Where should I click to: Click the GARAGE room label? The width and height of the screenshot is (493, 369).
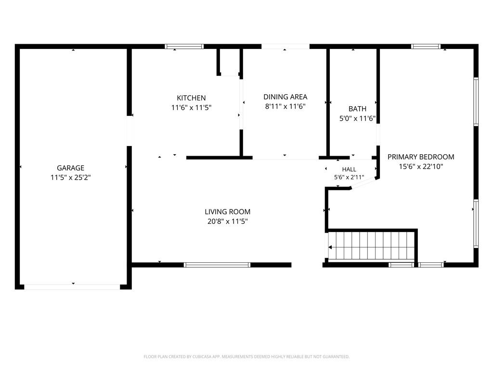tap(70, 168)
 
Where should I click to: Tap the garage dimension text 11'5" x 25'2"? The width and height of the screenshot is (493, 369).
tap(71, 178)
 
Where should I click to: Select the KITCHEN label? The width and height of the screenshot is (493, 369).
tap(191, 98)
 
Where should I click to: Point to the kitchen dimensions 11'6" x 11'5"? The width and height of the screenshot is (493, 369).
tap(191, 108)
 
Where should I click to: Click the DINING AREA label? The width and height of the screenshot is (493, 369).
tap(285, 97)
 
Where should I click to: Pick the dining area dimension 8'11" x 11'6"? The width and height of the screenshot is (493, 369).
tap(285, 106)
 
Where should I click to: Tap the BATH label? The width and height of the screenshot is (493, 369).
tap(358, 109)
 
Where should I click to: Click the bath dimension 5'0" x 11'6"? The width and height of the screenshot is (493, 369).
tap(358, 119)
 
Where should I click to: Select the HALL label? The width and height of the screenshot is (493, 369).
tap(349, 170)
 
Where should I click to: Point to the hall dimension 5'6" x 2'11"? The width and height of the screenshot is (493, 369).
tap(349, 177)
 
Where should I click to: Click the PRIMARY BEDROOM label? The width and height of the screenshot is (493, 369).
tap(421, 157)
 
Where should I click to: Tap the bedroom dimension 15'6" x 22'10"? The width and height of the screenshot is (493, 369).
tap(421, 167)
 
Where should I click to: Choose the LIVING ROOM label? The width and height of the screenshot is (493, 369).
tap(228, 212)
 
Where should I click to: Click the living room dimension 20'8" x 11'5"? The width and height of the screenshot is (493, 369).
tap(228, 221)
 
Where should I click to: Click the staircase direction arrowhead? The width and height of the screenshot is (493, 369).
tap(330, 247)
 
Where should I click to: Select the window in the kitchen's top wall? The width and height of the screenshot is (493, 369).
tap(184, 47)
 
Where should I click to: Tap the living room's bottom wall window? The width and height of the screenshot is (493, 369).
tap(217, 265)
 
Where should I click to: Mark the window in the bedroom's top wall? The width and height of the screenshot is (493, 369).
tap(426, 47)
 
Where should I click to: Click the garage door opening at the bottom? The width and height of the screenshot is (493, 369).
tap(72, 287)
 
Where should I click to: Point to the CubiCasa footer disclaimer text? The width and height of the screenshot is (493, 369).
tap(246, 357)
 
